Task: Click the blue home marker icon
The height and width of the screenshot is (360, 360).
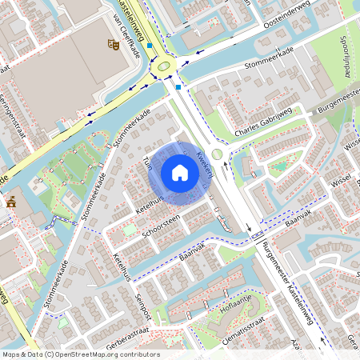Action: point(180,172)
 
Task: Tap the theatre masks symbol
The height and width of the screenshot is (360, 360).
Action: point(113,46)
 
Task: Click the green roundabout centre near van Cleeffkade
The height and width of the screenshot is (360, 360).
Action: point(166,66)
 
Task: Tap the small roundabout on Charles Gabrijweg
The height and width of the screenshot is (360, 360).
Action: point(217,155)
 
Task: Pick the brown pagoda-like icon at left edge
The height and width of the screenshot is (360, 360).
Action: point(11,202)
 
